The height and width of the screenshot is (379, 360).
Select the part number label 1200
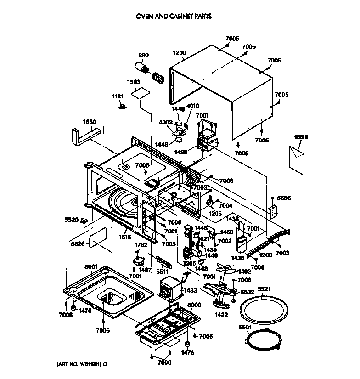click(x=180, y=53)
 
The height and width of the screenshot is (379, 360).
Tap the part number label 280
click(x=143, y=56)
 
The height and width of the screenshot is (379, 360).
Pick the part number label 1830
click(x=90, y=122)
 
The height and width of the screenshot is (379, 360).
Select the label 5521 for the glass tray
click(x=264, y=289)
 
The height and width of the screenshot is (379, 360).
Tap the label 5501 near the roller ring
click(x=245, y=327)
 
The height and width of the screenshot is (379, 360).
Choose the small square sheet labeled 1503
click(x=140, y=93)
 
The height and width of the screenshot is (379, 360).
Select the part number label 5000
click(x=195, y=305)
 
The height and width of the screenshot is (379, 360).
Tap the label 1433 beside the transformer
click(x=191, y=290)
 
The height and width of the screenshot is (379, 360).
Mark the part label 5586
click(x=284, y=198)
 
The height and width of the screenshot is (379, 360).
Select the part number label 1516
click(x=125, y=237)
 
